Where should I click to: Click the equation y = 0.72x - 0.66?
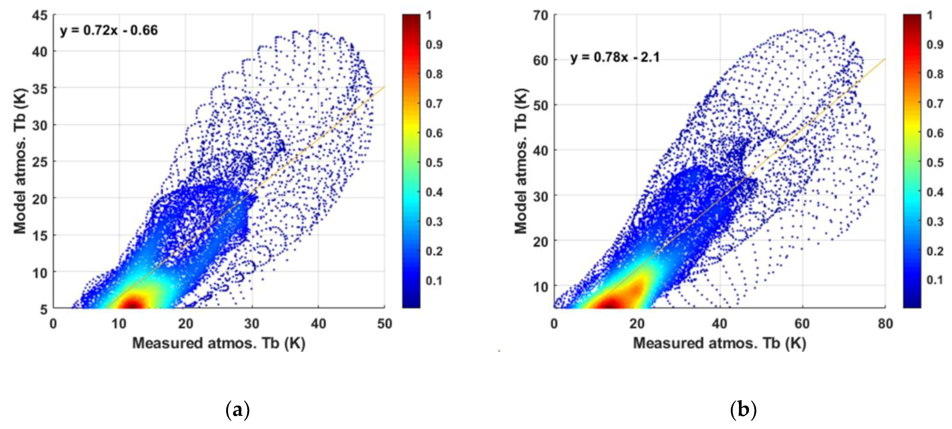109,30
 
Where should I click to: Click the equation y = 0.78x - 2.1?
615,57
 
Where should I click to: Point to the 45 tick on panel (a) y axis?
40,16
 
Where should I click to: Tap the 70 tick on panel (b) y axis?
541,16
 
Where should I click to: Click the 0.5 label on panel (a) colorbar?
434,162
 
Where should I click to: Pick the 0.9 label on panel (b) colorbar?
935,44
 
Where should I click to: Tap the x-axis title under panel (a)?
219,343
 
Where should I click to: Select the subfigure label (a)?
237,410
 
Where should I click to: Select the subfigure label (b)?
743,410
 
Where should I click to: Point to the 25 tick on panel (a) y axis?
40,162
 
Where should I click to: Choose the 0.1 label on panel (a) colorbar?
434,280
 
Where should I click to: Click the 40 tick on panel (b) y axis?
541,150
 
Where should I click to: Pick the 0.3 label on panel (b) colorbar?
935,221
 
